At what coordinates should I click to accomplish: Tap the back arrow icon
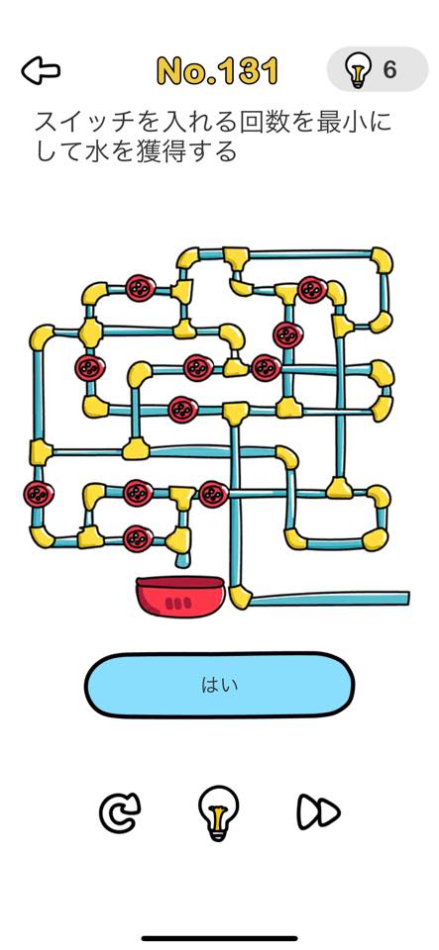(x=41, y=71)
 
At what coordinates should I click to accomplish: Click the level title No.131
(x=218, y=71)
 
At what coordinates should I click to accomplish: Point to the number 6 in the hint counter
(x=389, y=70)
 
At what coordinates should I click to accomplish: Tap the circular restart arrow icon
(x=120, y=811)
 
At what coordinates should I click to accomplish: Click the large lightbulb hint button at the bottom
(x=218, y=811)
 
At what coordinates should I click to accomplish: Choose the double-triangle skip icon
(x=318, y=810)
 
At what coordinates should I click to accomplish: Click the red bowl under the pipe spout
(x=180, y=596)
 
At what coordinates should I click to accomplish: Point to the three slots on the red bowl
(x=178, y=603)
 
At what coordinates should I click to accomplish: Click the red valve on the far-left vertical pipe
(x=39, y=494)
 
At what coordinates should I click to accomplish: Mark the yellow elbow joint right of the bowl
(x=240, y=596)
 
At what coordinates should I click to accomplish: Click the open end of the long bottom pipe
(x=406, y=598)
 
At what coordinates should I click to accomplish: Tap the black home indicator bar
(x=220, y=938)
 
